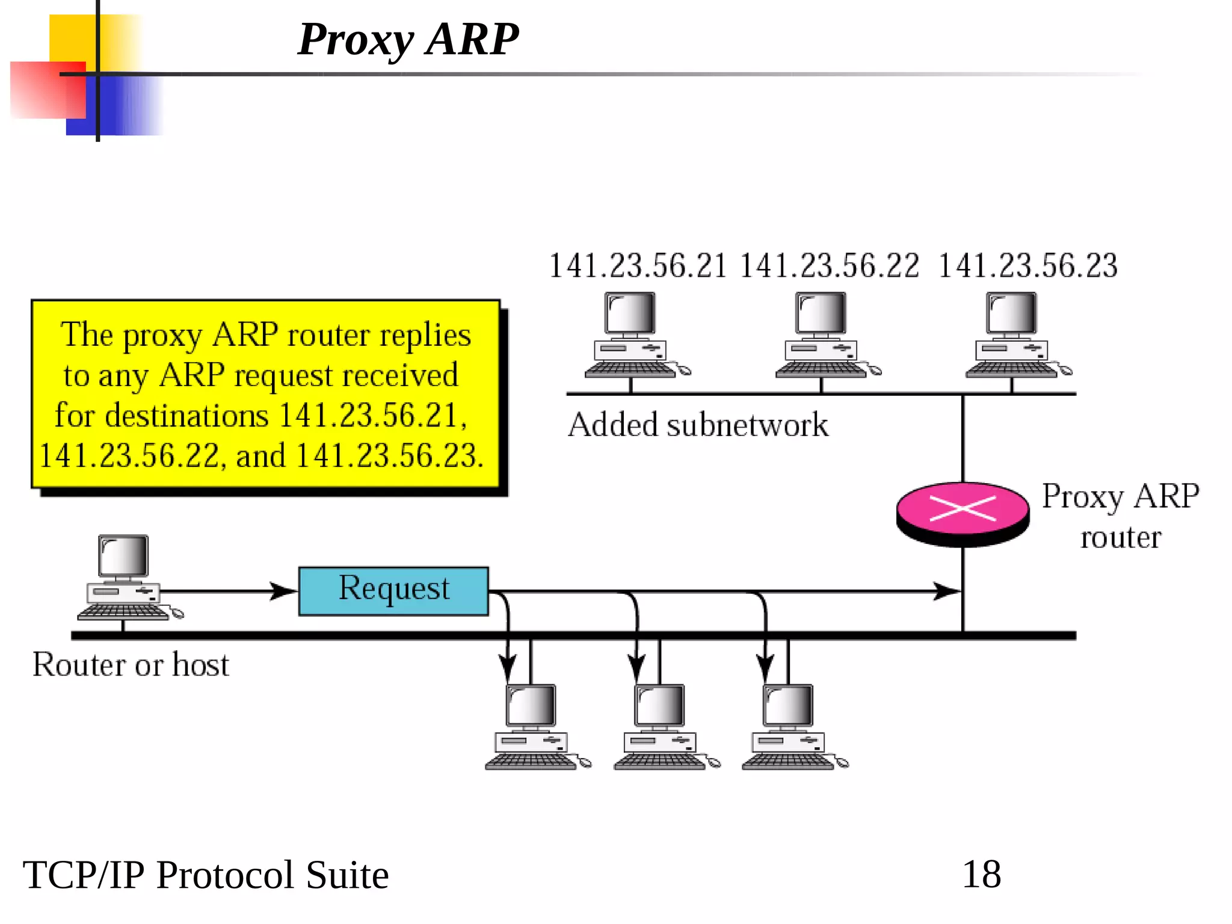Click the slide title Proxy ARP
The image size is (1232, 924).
408,40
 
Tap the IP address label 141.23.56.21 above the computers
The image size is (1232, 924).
638,266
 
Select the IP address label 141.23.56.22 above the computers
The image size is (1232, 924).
829,266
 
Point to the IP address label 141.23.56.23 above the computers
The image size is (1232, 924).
1027,266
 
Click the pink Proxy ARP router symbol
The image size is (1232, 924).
962,511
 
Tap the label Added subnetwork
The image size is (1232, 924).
698,425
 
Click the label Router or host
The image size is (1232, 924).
131,665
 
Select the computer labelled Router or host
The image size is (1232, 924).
126,577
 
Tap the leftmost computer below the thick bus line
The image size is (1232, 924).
533,728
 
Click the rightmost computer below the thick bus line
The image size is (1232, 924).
790,728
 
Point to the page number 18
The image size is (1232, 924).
982,874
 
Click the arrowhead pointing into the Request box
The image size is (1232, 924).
283,591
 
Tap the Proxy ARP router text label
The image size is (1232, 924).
1120,516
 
